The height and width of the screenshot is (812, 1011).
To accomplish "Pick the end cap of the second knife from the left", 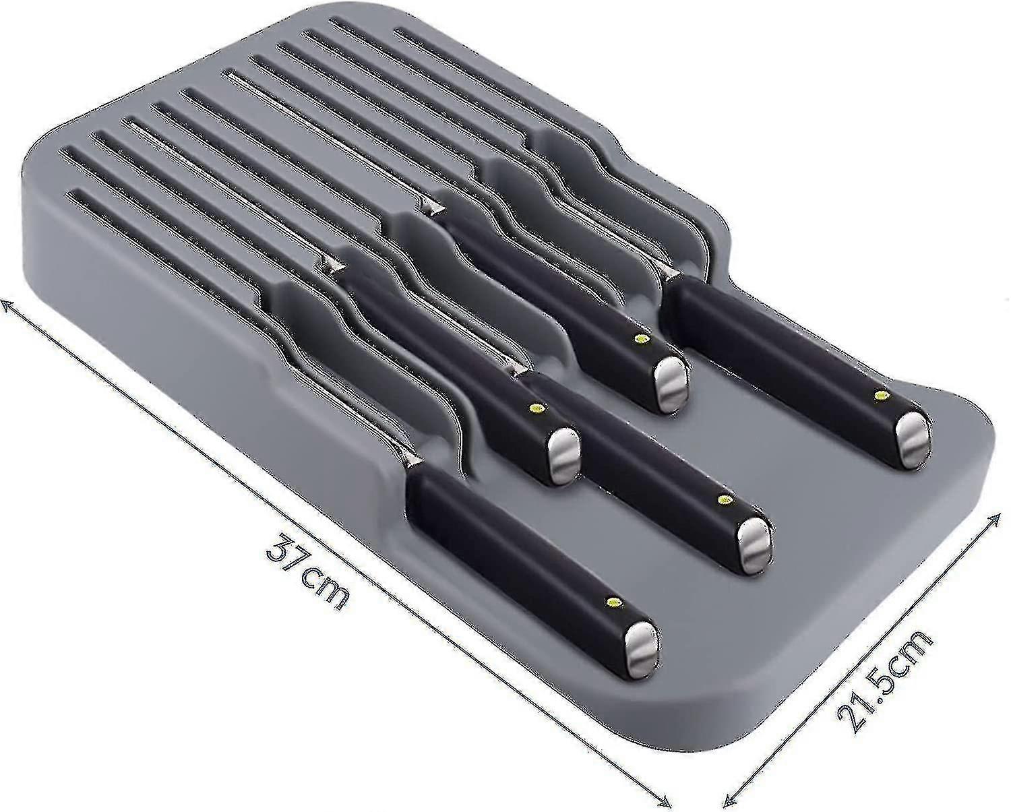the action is pyautogui.click(x=563, y=455).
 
